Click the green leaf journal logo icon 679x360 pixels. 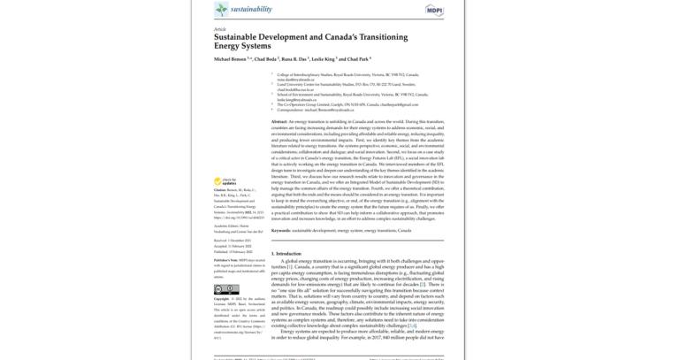[x=221, y=9]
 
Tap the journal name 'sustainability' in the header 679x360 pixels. [x=251, y=9]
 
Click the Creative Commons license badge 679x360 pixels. [x=226, y=288]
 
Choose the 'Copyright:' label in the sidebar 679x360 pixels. [x=225, y=300]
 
